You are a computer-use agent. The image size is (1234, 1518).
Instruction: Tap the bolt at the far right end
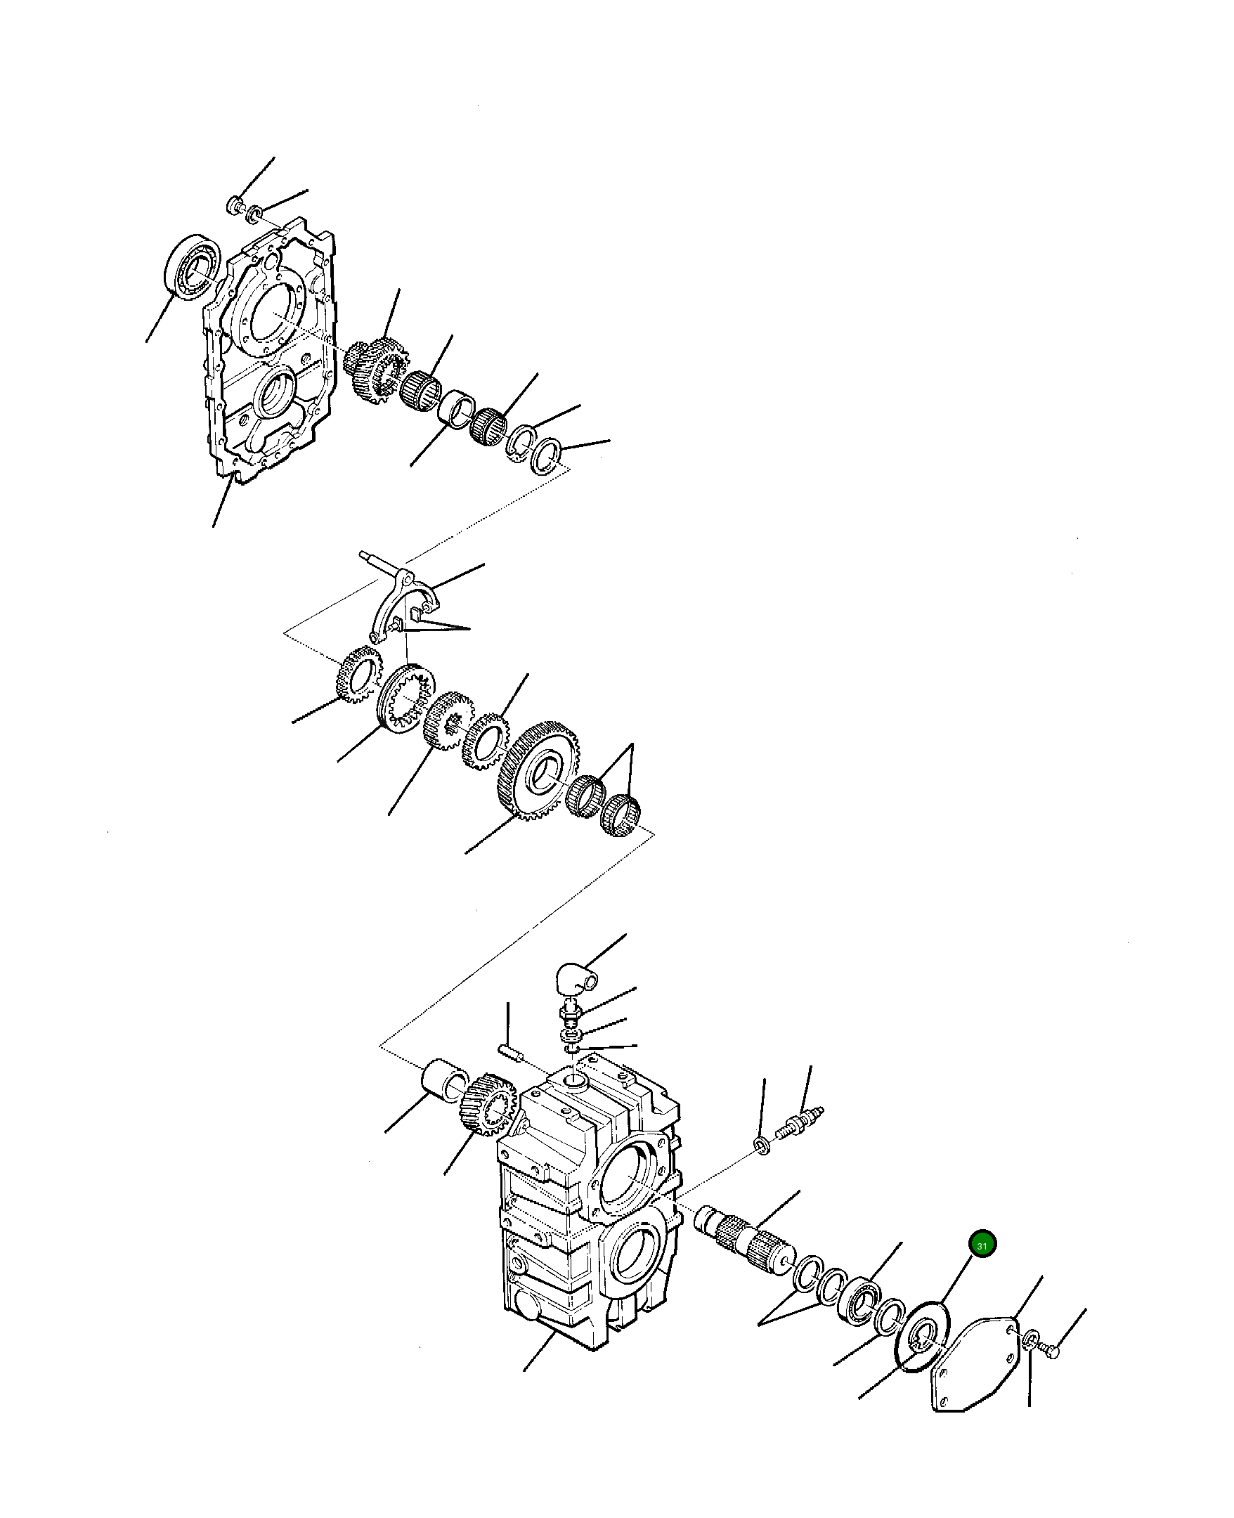[x=1050, y=1349]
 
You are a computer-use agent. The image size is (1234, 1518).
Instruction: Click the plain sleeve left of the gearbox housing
[x=445, y=1088]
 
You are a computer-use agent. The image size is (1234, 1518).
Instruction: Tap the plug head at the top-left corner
[x=233, y=205]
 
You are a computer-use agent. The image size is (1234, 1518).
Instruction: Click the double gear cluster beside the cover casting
[x=377, y=367]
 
